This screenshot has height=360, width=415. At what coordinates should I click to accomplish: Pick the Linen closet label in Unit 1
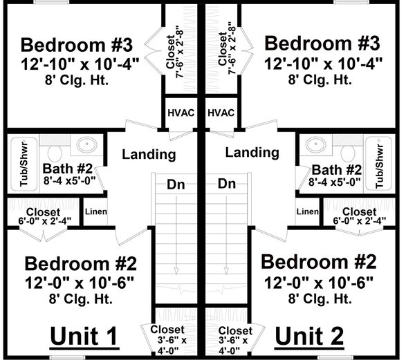pyautogui.click(x=95, y=211)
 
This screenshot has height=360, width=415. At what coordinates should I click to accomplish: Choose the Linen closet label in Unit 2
pyautogui.click(x=307, y=211)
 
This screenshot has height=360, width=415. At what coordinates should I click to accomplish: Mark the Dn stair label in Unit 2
pyautogui.click(x=227, y=184)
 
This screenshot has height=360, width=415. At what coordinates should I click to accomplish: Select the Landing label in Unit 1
pyautogui.click(x=149, y=154)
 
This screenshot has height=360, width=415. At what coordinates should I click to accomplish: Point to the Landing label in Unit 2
pyautogui.click(x=253, y=152)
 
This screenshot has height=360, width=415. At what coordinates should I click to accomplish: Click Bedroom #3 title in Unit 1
pyautogui.click(x=77, y=46)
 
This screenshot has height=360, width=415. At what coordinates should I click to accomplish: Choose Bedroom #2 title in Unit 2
pyautogui.click(x=320, y=263)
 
